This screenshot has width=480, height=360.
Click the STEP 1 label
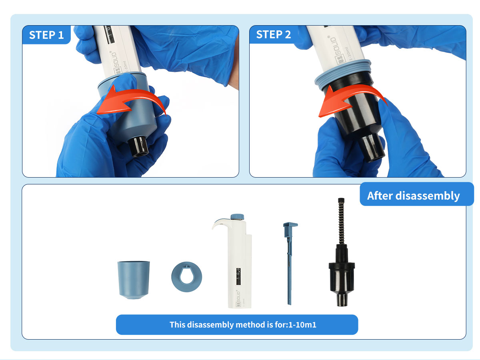46,35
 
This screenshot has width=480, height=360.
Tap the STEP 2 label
273,34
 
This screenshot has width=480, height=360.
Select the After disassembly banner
416,194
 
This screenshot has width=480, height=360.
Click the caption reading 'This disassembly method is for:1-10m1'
243,325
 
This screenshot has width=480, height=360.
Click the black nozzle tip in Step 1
138,146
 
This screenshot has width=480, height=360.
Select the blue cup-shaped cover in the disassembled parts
134,280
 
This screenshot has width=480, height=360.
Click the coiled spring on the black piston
341,221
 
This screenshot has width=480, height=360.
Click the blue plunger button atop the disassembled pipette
237,217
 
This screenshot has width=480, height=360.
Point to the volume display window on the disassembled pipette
238,276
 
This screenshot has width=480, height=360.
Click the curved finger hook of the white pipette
220,223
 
